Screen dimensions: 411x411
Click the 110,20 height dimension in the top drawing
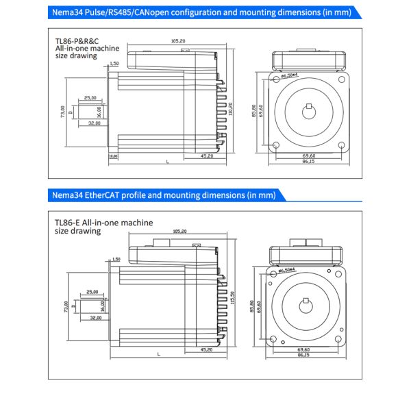(231, 108)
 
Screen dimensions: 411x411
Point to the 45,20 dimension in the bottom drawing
(206, 349)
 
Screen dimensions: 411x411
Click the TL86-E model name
(70, 223)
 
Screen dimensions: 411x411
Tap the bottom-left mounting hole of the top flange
(275, 145)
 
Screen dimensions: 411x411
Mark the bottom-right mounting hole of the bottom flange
(340, 338)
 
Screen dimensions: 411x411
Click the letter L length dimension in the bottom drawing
(159, 354)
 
